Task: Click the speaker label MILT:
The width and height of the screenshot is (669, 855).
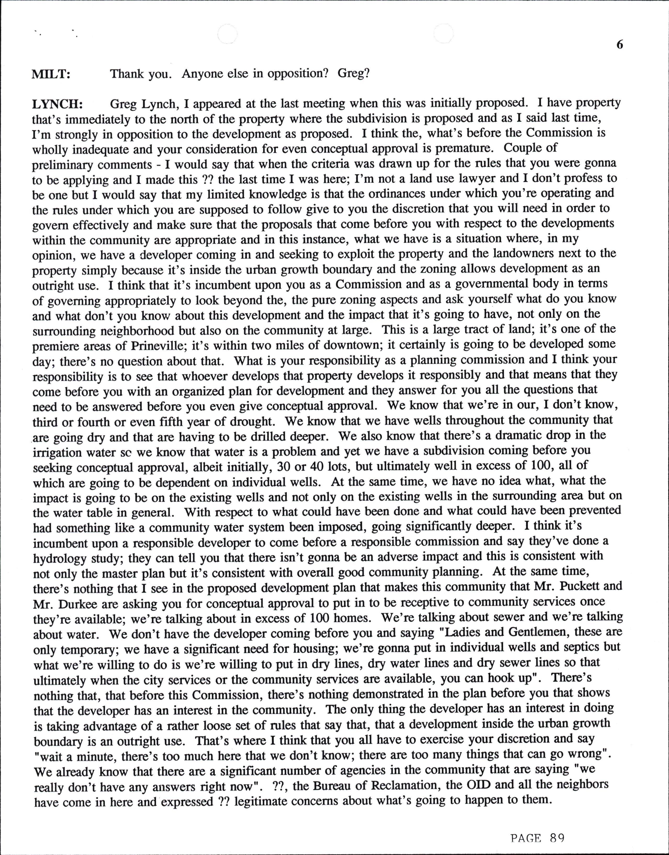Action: (50, 74)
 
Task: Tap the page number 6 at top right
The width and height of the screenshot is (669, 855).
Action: (619, 45)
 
